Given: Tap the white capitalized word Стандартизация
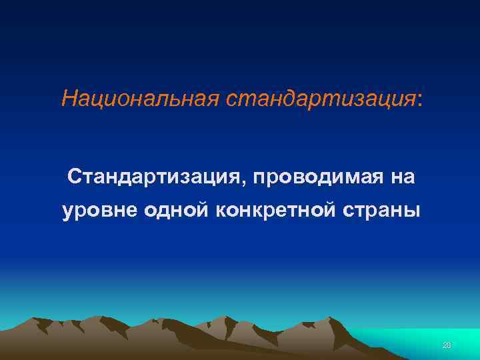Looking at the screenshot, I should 155,177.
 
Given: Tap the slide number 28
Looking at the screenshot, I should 447,345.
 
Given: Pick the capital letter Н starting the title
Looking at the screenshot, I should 68,99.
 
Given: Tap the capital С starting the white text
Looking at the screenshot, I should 74,177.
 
